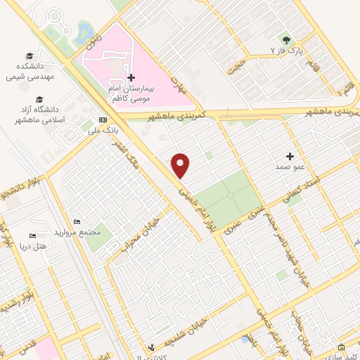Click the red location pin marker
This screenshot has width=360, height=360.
[181, 165]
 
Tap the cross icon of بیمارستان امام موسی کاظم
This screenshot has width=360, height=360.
[131, 77]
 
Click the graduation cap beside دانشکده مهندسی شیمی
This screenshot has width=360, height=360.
[30, 56]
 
